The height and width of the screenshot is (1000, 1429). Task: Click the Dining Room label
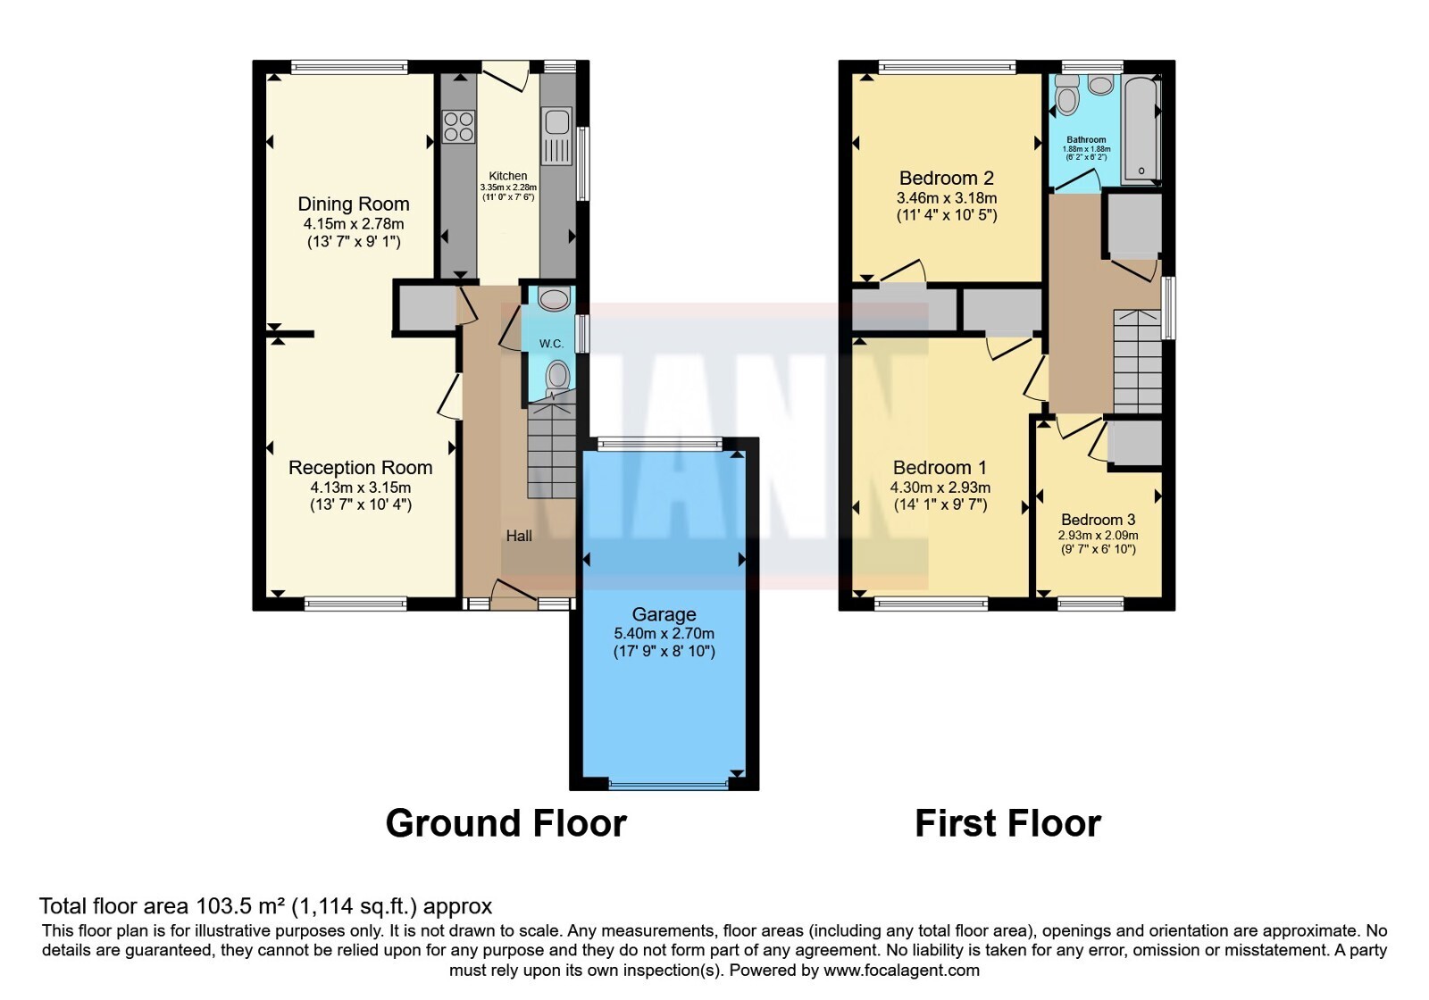(354, 204)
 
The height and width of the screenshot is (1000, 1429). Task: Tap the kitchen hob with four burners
(459, 126)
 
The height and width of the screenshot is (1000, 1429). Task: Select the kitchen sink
(557, 136)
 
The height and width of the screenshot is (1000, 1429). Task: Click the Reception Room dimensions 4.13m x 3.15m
(361, 487)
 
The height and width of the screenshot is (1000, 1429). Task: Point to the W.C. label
(551, 344)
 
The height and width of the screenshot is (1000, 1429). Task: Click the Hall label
(519, 536)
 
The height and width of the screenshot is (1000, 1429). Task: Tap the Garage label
(664, 614)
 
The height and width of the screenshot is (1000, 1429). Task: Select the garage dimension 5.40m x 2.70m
(664, 634)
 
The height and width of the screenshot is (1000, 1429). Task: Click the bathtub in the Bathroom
(1141, 130)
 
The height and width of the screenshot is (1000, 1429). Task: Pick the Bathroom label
(1086, 139)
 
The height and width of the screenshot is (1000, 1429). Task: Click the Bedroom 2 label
(947, 178)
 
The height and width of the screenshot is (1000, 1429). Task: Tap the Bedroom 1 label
(940, 468)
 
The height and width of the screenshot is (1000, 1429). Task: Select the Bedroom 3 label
(1098, 520)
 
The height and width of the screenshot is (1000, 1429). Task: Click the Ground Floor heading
(506, 823)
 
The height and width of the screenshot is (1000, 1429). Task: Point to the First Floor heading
(1008, 823)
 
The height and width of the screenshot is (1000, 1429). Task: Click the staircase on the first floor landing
(1137, 362)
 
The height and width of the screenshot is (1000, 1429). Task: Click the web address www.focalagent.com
(901, 970)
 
